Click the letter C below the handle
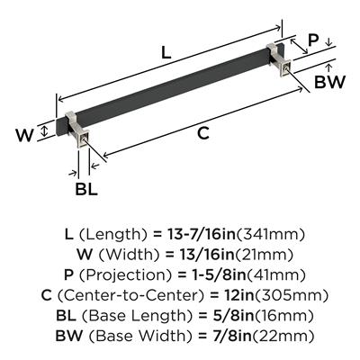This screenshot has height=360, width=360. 202,133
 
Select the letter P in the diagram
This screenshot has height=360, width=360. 312,40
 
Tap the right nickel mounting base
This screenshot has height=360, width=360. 280,60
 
